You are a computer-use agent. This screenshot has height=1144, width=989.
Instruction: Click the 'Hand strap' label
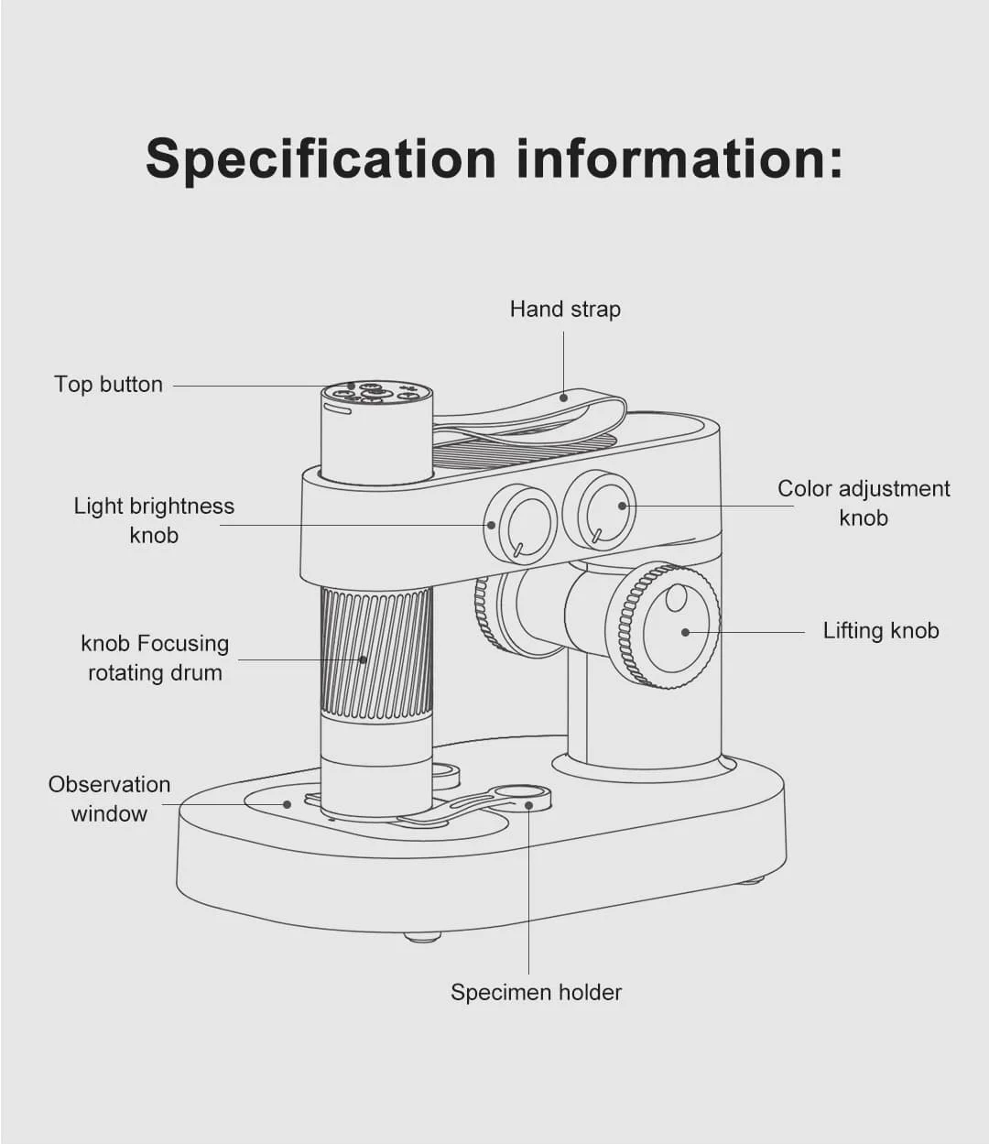pyautogui.click(x=565, y=310)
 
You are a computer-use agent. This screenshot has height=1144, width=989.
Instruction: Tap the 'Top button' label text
pyautogui.click(x=108, y=385)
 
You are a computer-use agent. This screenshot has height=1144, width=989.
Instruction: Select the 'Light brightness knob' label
pyautogui.click(x=154, y=520)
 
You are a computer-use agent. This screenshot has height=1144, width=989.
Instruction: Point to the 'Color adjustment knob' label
pyautogui.click(x=864, y=503)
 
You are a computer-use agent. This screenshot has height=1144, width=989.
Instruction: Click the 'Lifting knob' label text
pyautogui.click(x=881, y=631)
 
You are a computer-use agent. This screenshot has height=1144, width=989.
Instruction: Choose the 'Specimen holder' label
pyautogui.click(x=536, y=993)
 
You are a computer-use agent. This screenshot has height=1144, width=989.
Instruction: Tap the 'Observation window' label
pyautogui.click(x=109, y=799)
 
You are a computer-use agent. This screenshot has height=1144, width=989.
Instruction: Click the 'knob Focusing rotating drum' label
pyautogui.click(x=155, y=658)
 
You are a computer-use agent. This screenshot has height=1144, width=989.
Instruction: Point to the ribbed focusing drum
pyautogui.click(x=376, y=652)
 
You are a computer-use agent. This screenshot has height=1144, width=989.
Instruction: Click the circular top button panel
pyautogui.click(x=377, y=393)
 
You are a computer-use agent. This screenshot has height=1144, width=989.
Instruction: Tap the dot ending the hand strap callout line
pyautogui.click(x=564, y=398)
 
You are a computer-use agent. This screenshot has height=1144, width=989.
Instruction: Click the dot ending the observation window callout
pyautogui.click(x=287, y=805)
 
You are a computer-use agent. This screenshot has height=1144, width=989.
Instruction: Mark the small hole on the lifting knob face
pyautogui.click(x=676, y=598)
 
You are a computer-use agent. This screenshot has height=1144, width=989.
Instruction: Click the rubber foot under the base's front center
pyautogui.click(x=421, y=936)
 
